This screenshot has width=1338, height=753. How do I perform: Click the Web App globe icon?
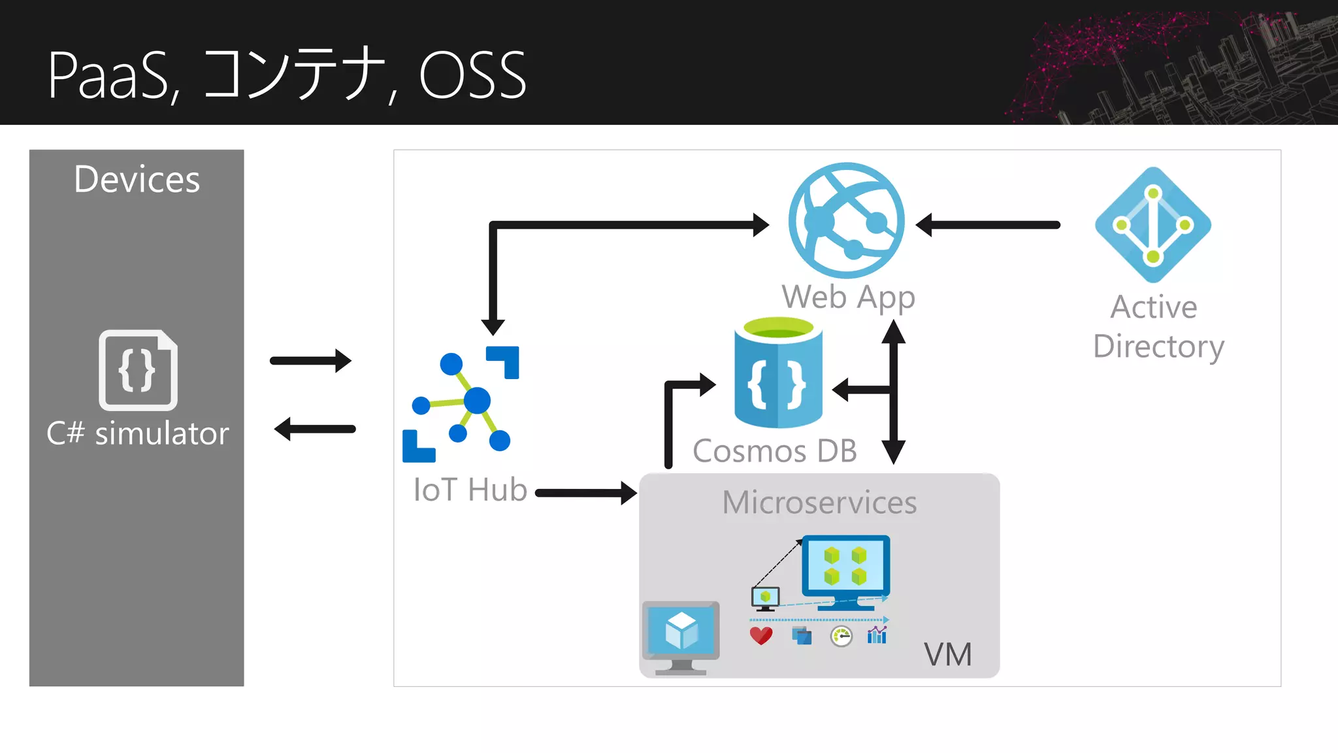pyautogui.click(x=846, y=220)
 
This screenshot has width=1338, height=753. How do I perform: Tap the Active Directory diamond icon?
pyautogui.click(x=1153, y=225)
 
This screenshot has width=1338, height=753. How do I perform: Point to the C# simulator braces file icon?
pyautogui.click(x=138, y=370)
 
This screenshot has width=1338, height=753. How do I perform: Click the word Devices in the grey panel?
pyautogui.click(x=137, y=179)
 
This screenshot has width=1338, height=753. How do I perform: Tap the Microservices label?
pyautogui.click(x=819, y=503)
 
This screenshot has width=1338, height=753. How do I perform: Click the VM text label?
pyautogui.click(x=947, y=654)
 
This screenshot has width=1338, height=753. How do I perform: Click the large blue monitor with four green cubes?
pyautogui.click(x=846, y=571)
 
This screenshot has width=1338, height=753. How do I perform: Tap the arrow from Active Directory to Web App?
pyautogui.click(x=988, y=225)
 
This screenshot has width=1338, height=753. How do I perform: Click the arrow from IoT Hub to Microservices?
pyautogui.click(x=585, y=493)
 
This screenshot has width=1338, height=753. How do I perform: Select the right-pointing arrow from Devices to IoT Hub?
pyautogui.click(x=310, y=360)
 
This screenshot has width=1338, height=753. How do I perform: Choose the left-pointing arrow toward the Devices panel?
pyautogui.click(x=314, y=429)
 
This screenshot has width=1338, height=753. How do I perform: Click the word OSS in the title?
pyautogui.click(x=472, y=76)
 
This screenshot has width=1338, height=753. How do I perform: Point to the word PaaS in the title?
pyautogui.click(x=110, y=76)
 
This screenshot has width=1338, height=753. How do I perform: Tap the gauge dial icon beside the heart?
pyautogui.click(x=841, y=636)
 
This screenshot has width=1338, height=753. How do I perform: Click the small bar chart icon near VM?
pyautogui.click(x=877, y=635)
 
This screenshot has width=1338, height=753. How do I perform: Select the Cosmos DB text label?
pyautogui.click(x=774, y=451)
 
